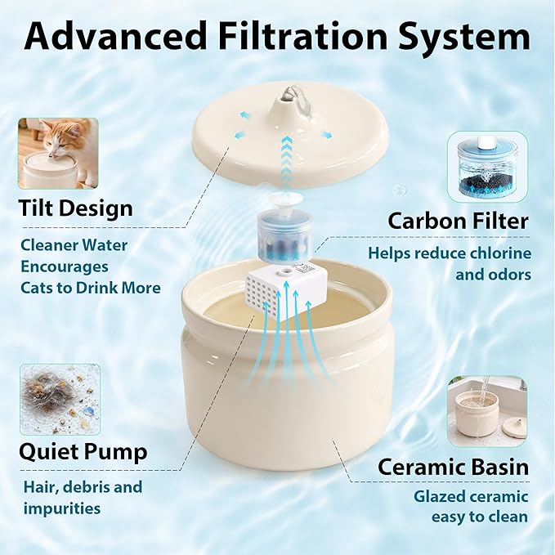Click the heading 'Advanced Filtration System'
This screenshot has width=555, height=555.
277,37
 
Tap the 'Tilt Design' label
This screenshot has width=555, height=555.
75,208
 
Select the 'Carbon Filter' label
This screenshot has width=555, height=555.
458,221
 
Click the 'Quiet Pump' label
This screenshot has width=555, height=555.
83,451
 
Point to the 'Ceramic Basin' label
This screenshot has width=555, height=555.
452,468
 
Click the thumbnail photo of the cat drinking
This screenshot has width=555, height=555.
58,153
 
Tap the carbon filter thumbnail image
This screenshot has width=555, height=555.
487,167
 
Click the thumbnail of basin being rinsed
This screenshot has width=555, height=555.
486,411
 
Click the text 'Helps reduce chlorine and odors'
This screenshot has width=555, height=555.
449,264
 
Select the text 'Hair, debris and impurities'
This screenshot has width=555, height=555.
82,498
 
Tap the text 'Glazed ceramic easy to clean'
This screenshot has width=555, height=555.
470,506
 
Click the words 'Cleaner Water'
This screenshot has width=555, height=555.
74,244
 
